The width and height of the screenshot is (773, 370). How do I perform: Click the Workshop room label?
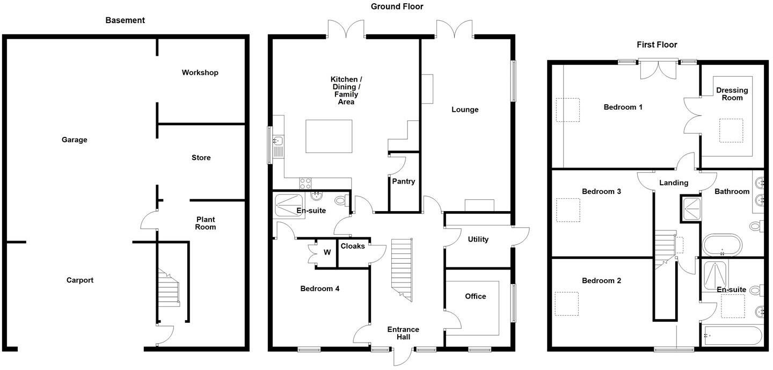coord(200,72)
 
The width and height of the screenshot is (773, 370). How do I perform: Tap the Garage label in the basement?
coord(74,140)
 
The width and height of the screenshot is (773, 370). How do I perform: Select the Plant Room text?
coord(205,223)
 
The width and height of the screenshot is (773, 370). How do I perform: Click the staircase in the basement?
coord(169,288)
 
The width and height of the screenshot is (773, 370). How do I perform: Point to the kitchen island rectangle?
coord(329,137)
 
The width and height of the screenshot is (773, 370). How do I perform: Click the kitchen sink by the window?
coord(278,142)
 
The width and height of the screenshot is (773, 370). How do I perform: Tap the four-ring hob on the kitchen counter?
coord(305,183)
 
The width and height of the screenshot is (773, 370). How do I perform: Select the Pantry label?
coord(403,182)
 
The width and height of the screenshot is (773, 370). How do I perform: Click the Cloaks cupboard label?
coord(353,246)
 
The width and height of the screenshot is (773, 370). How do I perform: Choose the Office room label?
coord(475,296)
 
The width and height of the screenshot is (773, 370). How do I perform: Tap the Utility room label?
coord(478,239)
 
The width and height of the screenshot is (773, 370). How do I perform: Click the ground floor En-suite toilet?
coord(340,201)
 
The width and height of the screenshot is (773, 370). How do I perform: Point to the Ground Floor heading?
coord(397,6)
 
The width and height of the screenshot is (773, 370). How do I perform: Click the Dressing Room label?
coord(732,94)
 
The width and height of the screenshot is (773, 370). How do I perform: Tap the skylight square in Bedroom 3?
coord(568,210)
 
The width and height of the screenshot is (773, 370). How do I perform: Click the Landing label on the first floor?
coord(673,183)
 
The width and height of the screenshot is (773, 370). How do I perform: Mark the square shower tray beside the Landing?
coord(691,209)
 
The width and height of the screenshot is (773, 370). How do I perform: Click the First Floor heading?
coord(657,45)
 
